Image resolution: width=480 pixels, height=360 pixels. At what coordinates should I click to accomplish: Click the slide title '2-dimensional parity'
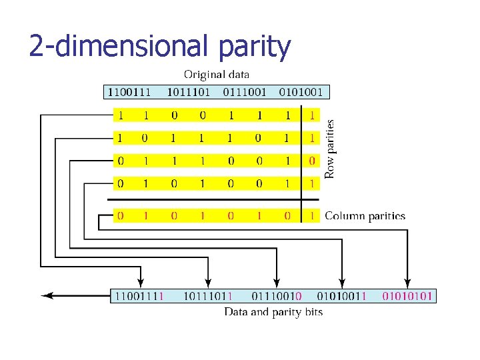click(x=160, y=47)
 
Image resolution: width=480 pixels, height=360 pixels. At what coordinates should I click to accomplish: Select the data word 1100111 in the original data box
click(x=131, y=91)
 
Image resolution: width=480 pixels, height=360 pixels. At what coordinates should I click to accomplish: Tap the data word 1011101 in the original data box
click(x=188, y=91)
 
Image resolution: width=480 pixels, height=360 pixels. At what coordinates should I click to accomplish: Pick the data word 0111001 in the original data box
click(x=245, y=91)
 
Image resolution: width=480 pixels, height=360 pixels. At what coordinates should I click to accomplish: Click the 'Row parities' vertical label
click(x=330, y=148)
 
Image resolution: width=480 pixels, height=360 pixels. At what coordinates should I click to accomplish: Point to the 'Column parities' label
click(x=365, y=216)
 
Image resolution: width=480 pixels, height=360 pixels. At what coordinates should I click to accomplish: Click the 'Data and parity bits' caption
click(x=273, y=312)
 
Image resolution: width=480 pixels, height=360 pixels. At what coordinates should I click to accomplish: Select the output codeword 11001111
click(x=139, y=295)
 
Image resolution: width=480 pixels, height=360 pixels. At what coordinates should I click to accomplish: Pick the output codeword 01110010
click(x=276, y=295)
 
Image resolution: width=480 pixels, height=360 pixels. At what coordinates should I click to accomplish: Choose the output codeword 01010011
click(x=341, y=295)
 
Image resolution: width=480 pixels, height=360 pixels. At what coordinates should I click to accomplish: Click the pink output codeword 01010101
click(x=407, y=295)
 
